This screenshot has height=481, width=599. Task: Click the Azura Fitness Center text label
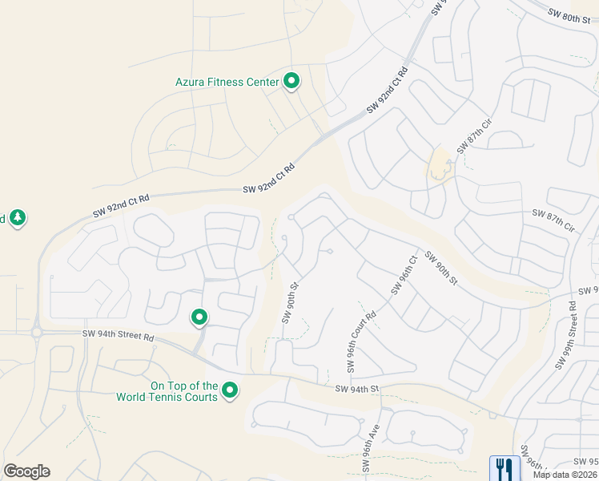click(x=227, y=82)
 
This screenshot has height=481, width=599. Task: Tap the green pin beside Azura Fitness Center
click(x=292, y=81)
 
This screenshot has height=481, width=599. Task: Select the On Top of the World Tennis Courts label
click(x=167, y=391)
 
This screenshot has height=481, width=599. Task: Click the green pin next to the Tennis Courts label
click(x=231, y=391)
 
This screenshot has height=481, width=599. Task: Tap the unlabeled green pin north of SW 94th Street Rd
click(x=199, y=318)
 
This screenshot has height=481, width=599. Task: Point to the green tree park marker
click(x=18, y=217)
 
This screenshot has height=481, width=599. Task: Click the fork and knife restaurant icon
click(x=505, y=467)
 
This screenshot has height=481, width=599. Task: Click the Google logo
click(x=26, y=471)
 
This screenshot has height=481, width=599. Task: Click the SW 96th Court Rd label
click(x=361, y=342)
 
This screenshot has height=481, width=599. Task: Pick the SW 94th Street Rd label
click(x=117, y=336)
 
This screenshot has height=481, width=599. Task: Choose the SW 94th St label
click(x=356, y=389)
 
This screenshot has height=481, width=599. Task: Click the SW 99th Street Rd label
click(x=568, y=335)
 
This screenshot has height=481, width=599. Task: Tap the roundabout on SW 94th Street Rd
click(x=36, y=332)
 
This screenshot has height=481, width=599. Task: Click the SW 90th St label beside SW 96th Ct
click(x=441, y=269)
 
